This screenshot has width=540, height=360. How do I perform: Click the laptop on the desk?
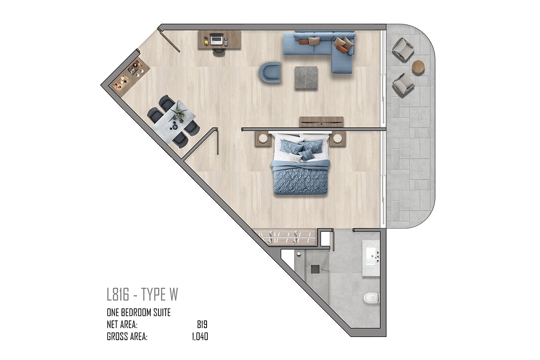216,39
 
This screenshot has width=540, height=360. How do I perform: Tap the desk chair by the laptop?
219,53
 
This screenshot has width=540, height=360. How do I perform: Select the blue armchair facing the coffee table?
270,72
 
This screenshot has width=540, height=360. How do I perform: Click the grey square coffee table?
306,78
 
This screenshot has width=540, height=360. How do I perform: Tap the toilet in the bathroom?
371,298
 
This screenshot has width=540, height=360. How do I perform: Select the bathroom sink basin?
371,256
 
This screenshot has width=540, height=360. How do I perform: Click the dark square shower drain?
315,270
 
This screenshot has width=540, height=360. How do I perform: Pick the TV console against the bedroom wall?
321,122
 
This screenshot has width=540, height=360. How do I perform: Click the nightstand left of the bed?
263,139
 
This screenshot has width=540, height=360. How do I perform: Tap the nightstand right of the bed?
337,139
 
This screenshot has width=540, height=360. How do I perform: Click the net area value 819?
202,324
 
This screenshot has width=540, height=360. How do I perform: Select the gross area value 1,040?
200,337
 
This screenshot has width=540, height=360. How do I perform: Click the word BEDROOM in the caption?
132,313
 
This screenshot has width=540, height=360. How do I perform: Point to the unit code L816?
118,294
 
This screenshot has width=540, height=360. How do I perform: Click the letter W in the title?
173,294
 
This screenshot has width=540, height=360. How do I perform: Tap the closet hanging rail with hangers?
287,238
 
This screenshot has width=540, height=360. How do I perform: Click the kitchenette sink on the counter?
131,70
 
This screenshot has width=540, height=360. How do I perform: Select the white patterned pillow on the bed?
296,158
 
